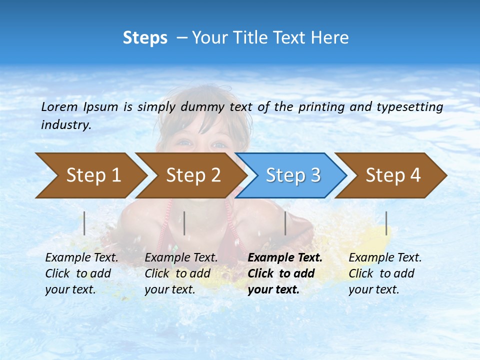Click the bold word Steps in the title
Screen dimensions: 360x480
point(145,37)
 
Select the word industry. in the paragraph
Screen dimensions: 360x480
point(66,125)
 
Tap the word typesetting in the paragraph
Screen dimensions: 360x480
point(409,107)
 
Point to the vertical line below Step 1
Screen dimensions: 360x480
point(84,223)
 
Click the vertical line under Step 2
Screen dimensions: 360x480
point(184,223)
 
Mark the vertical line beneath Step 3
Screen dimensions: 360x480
point(285,223)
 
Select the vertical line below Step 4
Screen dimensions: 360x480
point(386,223)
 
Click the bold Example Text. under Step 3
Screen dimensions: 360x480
point(285,257)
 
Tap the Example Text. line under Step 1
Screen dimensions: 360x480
point(81,257)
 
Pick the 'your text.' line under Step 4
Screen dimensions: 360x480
point(373,289)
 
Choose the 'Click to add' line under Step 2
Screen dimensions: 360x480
point(177,273)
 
